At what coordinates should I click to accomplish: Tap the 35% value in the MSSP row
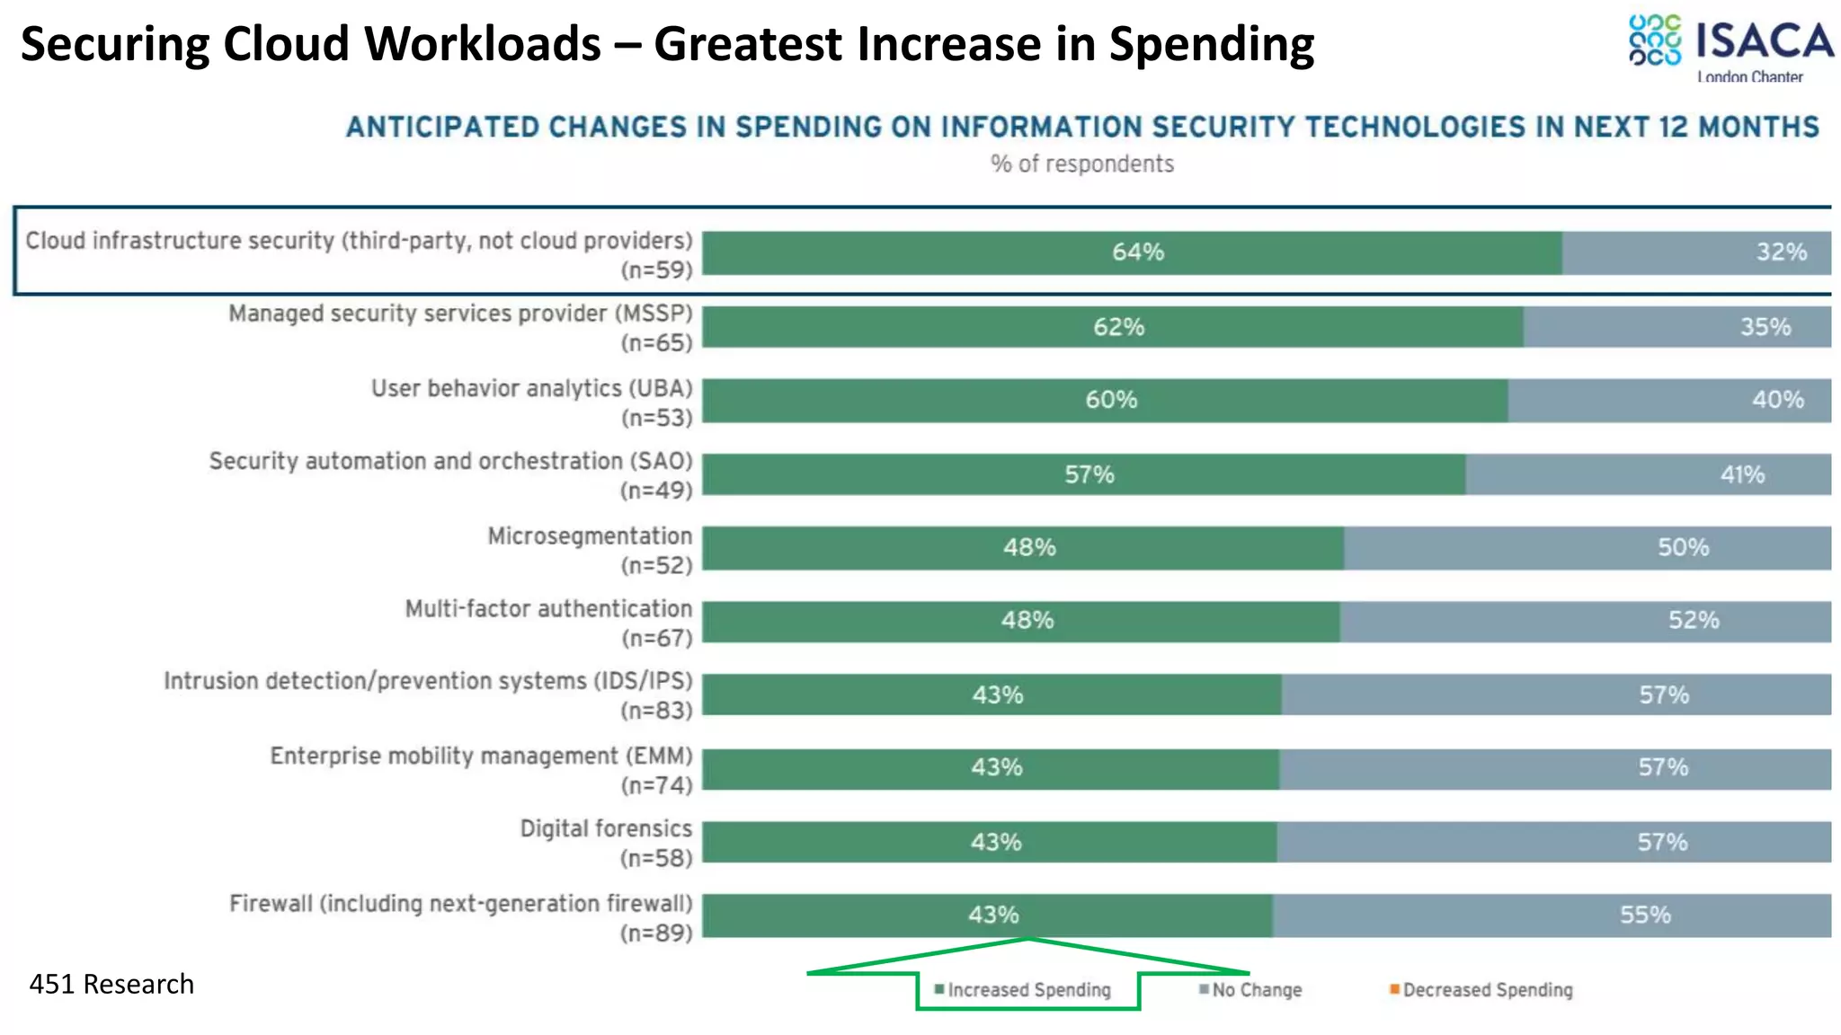click(1765, 327)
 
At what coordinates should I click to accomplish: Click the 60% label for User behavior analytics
click(1111, 400)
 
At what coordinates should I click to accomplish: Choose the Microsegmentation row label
click(590, 536)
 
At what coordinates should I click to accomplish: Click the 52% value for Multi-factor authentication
click(1694, 620)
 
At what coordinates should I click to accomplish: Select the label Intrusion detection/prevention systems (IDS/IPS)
click(428, 681)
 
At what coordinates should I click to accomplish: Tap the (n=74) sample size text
click(656, 785)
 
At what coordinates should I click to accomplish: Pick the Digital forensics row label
click(606, 828)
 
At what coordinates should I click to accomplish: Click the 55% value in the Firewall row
click(1645, 915)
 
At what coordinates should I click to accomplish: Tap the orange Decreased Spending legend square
click(1394, 989)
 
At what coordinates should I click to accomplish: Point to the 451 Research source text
click(111, 984)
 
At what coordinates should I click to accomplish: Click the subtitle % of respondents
click(1082, 164)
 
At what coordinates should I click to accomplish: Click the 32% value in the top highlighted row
click(1781, 252)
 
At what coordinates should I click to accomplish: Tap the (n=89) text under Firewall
click(656, 933)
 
